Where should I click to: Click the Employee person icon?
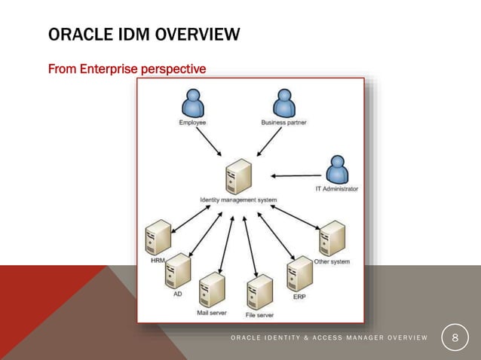coord(193,103)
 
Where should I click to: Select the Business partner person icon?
coord(283,103)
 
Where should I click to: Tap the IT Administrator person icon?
coord(336,169)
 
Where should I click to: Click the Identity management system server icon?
coord(238,179)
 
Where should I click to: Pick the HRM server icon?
coord(158,237)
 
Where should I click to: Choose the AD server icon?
coord(179,271)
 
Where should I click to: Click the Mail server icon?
coord(212,289)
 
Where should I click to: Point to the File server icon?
coord(259,292)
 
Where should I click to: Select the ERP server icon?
coord(299,273)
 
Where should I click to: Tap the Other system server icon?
coord(332,239)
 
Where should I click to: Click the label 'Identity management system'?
coord(238,200)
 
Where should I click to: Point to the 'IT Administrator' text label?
coord(336,188)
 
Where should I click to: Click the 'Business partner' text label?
coord(283,122)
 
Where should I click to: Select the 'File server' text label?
coord(259,314)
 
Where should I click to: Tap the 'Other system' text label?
coord(332,261)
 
